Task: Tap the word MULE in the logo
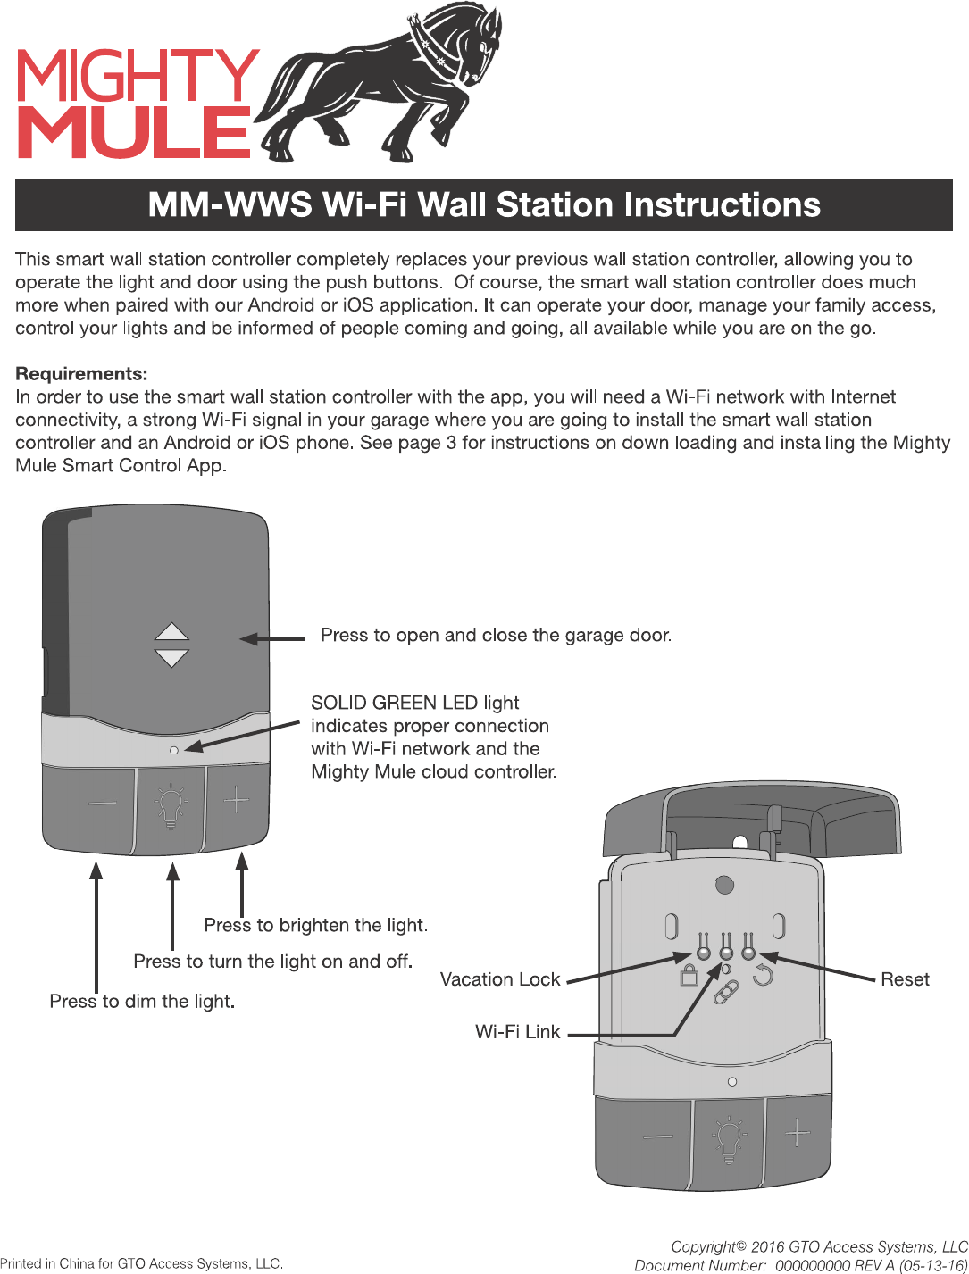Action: coord(134,132)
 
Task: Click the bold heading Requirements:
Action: coord(81,373)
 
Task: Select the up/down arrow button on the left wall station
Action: coord(171,645)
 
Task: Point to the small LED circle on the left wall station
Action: coord(174,750)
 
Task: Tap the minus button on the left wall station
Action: coord(102,803)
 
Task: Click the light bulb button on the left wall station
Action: coord(171,806)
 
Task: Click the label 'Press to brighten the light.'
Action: coord(315,925)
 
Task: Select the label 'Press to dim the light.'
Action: coord(142,1001)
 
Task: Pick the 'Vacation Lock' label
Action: coord(500,979)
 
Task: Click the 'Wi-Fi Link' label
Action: coord(518,1032)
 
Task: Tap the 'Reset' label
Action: coord(905,979)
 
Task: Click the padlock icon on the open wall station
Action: coord(689,975)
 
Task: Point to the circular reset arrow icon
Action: coord(763,975)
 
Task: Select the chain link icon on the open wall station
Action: coord(725,992)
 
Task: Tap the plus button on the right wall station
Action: coord(798,1134)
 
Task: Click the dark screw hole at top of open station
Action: coord(724,885)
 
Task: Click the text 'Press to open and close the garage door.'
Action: coord(496,635)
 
